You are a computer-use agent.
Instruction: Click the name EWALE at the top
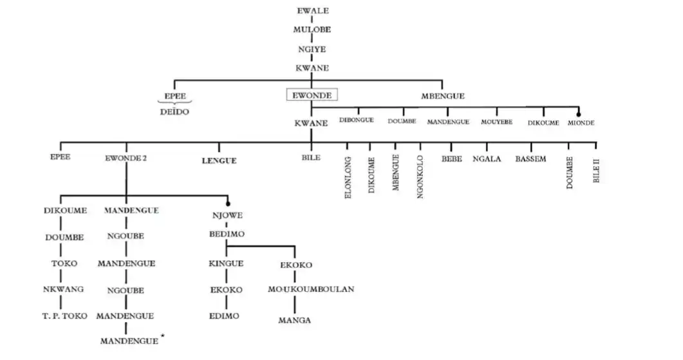(312, 11)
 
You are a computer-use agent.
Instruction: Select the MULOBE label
(312, 30)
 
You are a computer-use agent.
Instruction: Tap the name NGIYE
(312, 48)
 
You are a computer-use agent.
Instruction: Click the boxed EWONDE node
(312, 95)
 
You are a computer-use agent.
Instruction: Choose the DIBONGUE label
(356, 120)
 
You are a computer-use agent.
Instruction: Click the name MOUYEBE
(496, 121)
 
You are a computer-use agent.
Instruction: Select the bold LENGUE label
(218, 160)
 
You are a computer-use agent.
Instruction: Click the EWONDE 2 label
(126, 158)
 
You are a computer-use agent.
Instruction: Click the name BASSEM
(530, 158)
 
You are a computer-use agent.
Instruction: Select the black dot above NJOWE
(227, 204)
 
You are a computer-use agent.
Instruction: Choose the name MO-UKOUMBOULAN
(311, 289)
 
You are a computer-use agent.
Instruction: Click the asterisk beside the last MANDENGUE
(163, 336)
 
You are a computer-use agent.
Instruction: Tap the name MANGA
(295, 320)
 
